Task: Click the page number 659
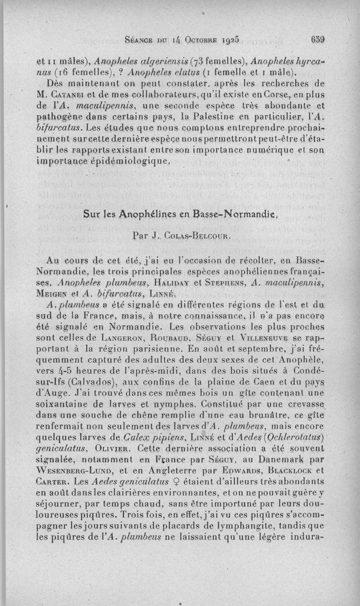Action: coord(317,39)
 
